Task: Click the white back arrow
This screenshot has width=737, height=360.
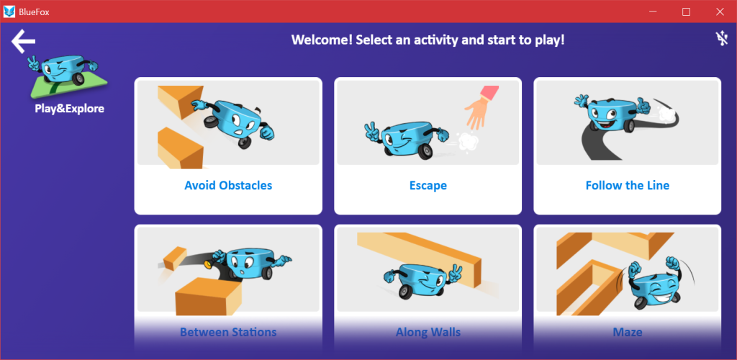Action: [x=23, y=41]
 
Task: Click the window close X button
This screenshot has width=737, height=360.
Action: [x=720, y=12]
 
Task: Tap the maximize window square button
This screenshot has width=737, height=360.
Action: [x=686, y=12]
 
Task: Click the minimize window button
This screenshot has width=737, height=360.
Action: [x=652, y=12]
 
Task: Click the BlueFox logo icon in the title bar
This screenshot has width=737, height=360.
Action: [x=9, y=12]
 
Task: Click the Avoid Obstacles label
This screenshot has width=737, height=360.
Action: [x=228, y=185]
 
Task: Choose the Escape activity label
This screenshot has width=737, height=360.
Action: [x=428, y=186]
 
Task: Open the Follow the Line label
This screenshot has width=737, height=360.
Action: [x=628, y=185]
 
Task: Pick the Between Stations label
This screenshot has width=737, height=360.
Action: [x=228, y=332]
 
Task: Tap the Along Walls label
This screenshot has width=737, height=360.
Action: [x=428, y=332]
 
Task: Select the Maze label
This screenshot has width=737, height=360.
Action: [x=628, y=332]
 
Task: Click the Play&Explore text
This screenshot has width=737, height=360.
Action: [x=70, y=109]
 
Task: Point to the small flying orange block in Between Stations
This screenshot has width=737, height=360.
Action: [x=174, y=258]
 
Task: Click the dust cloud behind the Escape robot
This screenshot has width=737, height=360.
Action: [x=467, y=141]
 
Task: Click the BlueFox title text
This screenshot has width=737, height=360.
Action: [x=35, y=12]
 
